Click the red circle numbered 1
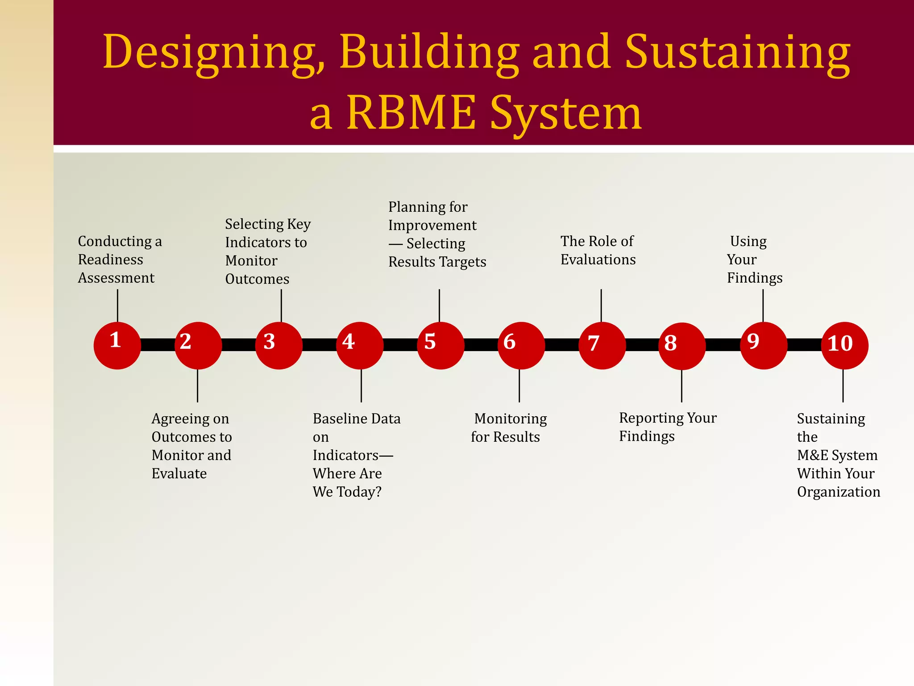point(117,345)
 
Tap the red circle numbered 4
point(360,345)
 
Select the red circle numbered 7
point(602,345)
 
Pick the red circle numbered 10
point(844,345)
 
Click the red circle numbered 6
point(521,345)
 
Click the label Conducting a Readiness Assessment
point(119,259)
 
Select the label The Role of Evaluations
point(598,251)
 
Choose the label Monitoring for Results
point(508,428)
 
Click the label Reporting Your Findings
point(667,427)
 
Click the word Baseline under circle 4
point(342,418)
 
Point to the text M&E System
point(837,455)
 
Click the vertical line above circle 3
point(281,305)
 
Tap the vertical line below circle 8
point(681,386)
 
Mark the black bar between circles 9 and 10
point(804,345)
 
